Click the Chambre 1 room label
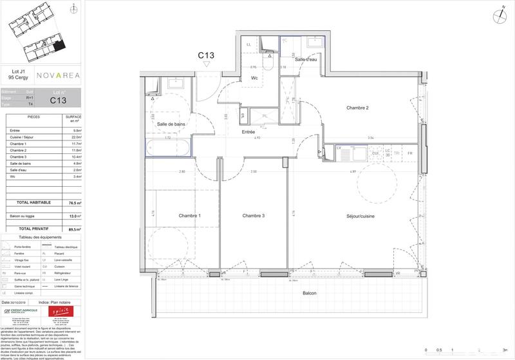tap(190, 215)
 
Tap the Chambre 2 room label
tap(357, 108)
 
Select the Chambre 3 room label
tap(254, 215)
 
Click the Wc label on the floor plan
tap(254, 79)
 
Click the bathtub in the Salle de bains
tap(168, 148)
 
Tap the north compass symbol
tap(499, 16)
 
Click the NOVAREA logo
tap(58, 75)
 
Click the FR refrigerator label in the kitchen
tap(409, 153)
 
